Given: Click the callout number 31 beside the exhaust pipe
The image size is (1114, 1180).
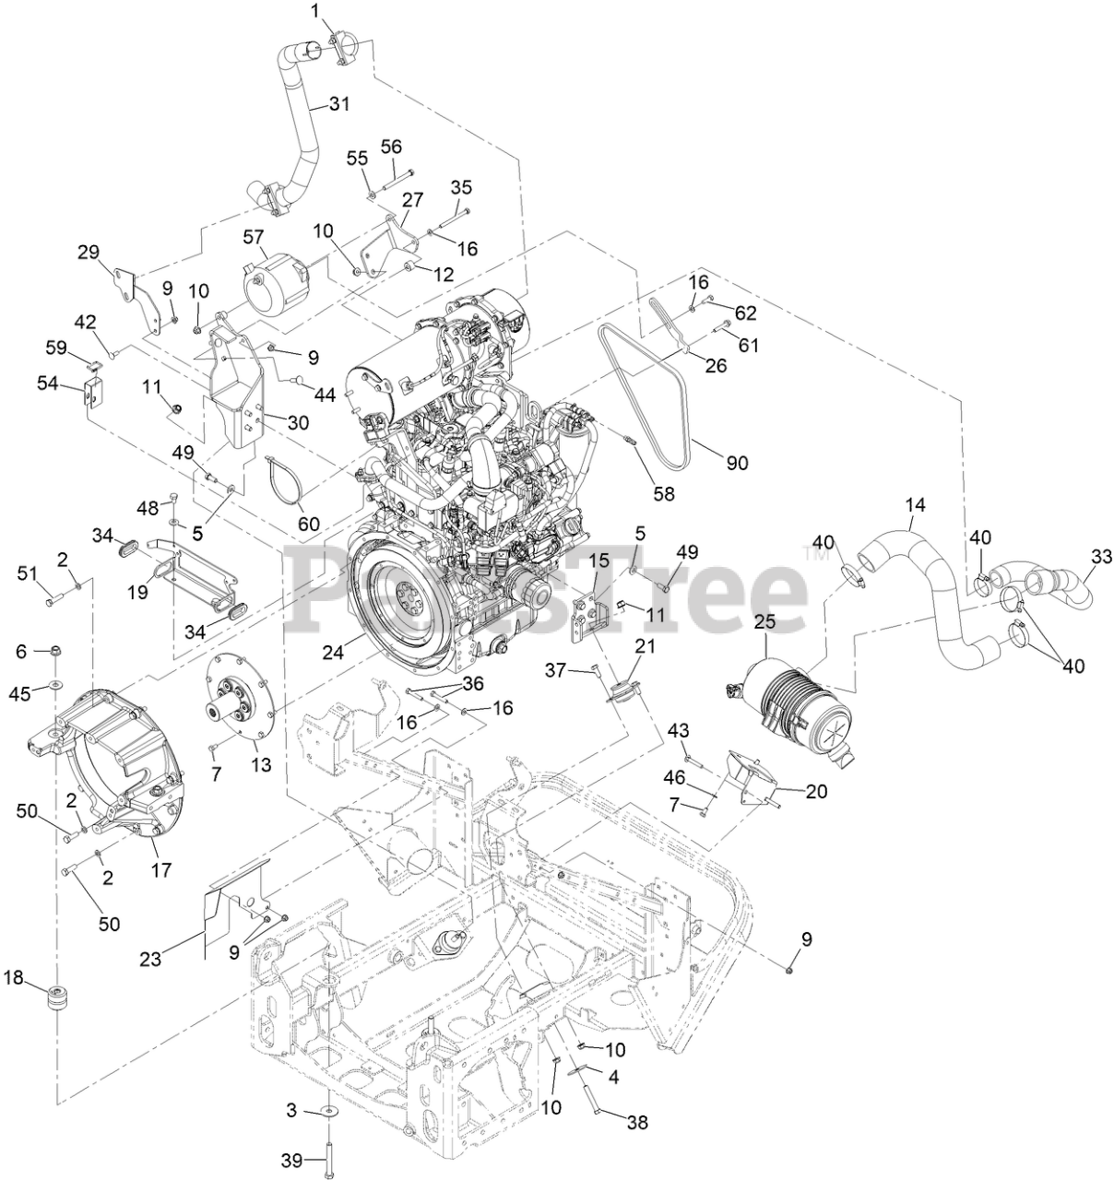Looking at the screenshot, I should (x=339, y=104).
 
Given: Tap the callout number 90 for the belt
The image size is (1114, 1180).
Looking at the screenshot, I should (x=737, y=463).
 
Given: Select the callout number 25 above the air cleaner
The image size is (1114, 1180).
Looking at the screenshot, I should (x=764, y=623).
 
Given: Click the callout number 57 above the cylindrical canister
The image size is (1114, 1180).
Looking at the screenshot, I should (x=254, y=237).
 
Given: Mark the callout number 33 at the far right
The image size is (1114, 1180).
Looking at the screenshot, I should (x=1101, y=556).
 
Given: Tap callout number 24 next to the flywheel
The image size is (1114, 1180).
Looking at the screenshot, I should (x=333, y=653).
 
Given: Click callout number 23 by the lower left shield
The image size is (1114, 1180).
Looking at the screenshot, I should (x=150, y=959).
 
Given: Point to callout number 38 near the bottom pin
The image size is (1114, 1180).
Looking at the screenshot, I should (x=636, y=1123).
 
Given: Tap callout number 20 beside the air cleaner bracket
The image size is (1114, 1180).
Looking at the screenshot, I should (x=816, y=790).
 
